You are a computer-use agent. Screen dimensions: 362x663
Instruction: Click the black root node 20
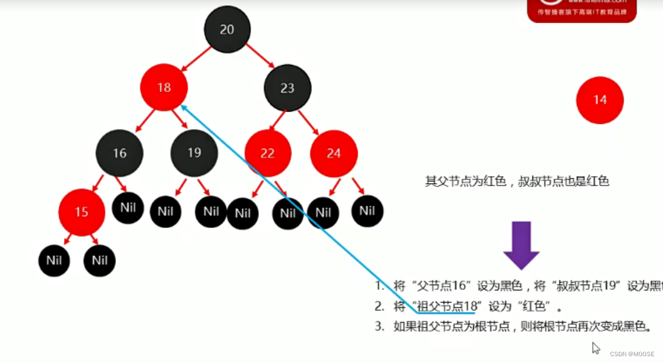point(227,30)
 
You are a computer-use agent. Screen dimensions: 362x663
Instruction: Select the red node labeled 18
point(164,87)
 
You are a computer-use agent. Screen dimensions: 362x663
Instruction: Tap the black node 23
point(288,88)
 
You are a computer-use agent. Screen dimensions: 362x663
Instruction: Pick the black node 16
point(120,153)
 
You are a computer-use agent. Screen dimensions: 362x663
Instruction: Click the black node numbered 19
point(194,153)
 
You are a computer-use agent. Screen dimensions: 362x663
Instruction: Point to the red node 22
point(267,153)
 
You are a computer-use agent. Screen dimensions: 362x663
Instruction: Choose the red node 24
point(334,153)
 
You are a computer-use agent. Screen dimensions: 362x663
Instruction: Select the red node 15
point(81,212)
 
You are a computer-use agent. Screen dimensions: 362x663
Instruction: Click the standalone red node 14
point(600,100)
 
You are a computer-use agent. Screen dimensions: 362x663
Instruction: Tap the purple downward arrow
point(521,245)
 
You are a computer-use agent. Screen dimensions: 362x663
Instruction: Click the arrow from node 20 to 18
point(196,59)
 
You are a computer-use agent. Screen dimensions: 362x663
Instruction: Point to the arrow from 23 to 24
point(309,122)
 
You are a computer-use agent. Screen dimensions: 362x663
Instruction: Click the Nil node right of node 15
point(128,207)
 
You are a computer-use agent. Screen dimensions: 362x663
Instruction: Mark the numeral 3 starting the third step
point(379,326)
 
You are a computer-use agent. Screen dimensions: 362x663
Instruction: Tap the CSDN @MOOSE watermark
point(632,354)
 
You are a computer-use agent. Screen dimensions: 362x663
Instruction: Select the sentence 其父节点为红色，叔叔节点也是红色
point(517,181)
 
